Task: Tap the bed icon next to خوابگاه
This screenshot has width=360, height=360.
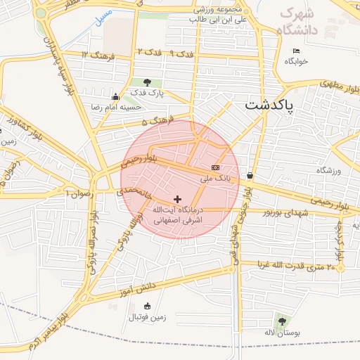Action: pyautogui.click(x=296, y=51)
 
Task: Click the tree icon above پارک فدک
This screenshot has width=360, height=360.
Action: pyautogui.click(x=146, y=83)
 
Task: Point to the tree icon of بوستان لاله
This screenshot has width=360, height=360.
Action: pyautogui.click(x=282, y=321)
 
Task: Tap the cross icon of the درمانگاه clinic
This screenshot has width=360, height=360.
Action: pyautogui.click(x=176, y=200)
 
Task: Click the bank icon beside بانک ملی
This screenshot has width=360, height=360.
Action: pyautogui.click(x=215, y=168)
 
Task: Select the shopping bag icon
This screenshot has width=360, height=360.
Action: pyautogui.click(x=250, y=175)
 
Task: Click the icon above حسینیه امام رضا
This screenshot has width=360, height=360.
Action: pyautogui.click(x=115, y=96)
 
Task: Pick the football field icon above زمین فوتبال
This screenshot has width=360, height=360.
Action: pyautogui.click(x=147, y=306)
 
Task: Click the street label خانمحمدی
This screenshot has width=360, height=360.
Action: pyautogui.click(x=134, y=191)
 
